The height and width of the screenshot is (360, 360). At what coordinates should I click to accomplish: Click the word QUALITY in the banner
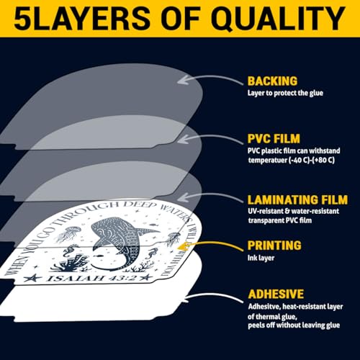click(279, 19)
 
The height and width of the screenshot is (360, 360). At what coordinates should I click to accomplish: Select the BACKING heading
click(272, 81)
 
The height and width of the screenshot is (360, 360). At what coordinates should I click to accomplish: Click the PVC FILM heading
click(274, 139)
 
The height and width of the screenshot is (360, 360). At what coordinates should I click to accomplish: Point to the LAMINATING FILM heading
click(297, 200)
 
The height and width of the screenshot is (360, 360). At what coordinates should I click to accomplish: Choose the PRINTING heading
click(274, 246)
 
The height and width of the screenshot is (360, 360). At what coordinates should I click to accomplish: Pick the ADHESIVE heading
click(276, 294)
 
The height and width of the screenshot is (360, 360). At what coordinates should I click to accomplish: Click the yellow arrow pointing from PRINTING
click(211, 244)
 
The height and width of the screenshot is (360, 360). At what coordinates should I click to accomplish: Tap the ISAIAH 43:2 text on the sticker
click(91, 278)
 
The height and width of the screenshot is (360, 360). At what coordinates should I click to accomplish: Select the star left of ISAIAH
click(33, 279)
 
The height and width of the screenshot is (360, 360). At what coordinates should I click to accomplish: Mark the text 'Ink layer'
click(261, 258)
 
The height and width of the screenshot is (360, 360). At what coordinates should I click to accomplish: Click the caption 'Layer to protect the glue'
click(285, 93)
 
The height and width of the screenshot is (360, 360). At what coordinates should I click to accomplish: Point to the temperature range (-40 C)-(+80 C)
click(311, 160)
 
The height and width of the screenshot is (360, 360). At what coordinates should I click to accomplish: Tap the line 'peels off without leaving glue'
click(294, 325)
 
